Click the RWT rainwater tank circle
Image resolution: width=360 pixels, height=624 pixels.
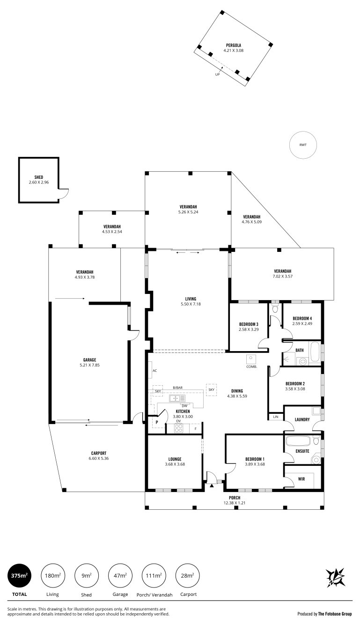[x=303, y=145]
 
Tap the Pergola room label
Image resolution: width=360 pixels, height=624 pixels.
[x=234, y=45]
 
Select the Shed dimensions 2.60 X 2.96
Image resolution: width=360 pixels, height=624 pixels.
[x=39, y=182]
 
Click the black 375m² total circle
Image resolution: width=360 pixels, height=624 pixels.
[x=19, y=576]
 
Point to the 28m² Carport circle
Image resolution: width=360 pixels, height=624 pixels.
[x=188, y=576]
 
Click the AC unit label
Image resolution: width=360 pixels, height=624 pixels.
[x=154, y=370]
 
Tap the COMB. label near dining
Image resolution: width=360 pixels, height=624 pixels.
[x=251, y=367]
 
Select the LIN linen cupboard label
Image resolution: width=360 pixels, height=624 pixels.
[x=276, y=417]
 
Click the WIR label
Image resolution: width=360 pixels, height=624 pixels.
[x=301, y=479]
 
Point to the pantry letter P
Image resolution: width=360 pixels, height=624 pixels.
[x=157, y=422]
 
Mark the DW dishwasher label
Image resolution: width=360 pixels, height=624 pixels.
[x=184, y=406]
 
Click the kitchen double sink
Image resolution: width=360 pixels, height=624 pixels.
[x=177, y=398]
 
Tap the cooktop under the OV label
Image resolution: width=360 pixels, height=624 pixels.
[x=178, y=428]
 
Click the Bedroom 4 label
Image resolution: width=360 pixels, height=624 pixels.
[x=302, y=318]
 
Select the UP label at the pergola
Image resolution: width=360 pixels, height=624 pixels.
[x=217, y=74]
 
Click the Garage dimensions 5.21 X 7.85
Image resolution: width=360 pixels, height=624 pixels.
[x=89, y=365]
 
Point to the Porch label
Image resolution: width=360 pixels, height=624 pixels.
[x=235, y=498]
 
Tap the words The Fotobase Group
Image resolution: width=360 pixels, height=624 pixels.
[x=335, y=614]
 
